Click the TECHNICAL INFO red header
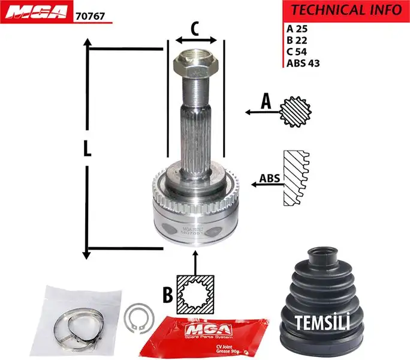tap(346, 10)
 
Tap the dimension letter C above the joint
tap(195, 28)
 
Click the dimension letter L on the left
tap(88, 149)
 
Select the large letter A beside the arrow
tap(266, 103)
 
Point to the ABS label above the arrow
tap(269, 178)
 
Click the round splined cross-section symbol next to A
tap(298, 111)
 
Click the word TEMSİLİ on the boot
tap(322, 323)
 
